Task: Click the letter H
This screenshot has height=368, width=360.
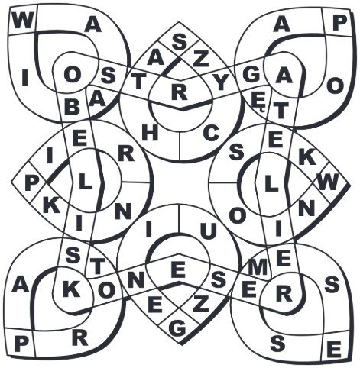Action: [151, 134]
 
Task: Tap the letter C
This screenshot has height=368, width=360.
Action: [211, 134]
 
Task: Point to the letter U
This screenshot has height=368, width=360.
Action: [209, 232]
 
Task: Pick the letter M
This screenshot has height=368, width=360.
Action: [258, 269]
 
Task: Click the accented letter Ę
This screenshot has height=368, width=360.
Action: [258, 104]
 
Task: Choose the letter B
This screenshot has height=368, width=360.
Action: [72, 107]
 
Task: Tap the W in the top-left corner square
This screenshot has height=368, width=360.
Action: [21, 21]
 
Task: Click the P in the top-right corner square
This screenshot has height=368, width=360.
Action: [340, 23]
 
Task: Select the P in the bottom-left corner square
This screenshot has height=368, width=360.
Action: [20, 344]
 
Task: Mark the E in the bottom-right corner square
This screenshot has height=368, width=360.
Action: [334, 350]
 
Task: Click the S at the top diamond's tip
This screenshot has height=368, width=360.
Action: [180, 42]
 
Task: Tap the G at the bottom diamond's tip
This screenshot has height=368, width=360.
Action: [177, 328]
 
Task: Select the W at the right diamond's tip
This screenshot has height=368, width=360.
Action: [328, 182]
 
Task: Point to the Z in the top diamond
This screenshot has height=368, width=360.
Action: [202, 60]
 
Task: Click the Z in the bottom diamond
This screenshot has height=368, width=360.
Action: [201, 305]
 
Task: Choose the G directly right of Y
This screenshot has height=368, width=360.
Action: [251, 75]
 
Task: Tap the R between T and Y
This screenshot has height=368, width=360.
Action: [180, 92]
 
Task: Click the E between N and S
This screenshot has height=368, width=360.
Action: [178, 270]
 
